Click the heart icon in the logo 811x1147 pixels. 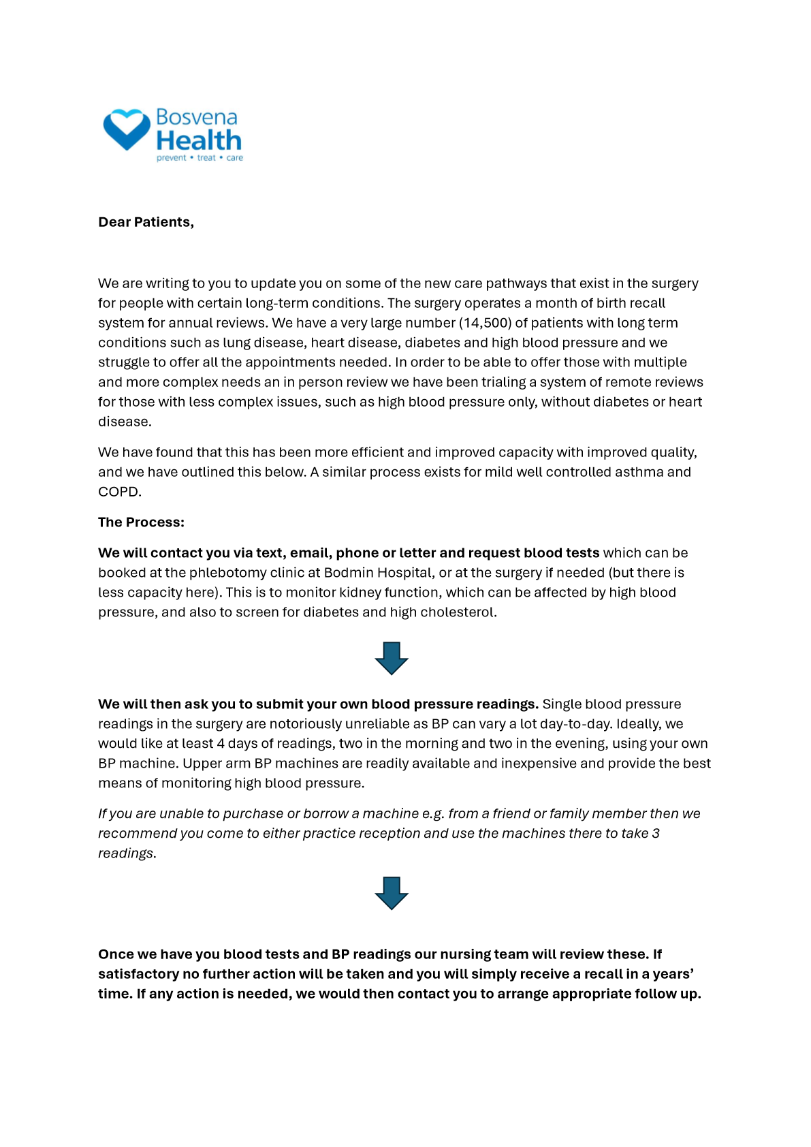(127, 129)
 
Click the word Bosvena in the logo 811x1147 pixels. (196, 117)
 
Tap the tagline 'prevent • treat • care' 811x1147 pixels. (200, 158)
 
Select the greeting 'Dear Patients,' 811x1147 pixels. (146, 222)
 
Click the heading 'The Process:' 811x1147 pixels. (141, 522)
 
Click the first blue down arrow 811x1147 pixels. (392, 658)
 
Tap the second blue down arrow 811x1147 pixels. (392, 893)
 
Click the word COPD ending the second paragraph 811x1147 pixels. (119, 492)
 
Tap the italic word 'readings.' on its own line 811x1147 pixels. (127, 853)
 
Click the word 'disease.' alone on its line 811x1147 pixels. (125, 422)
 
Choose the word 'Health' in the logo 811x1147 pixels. (199, 140)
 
